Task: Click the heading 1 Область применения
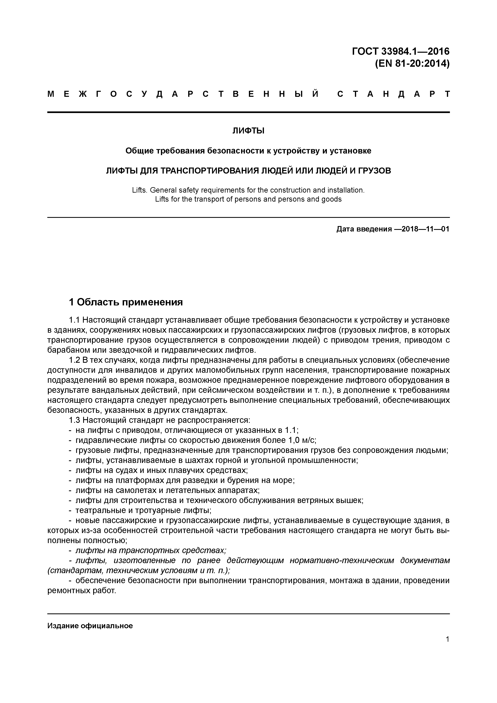click(x=126, y=302)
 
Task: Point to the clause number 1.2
click(x=74, y=360)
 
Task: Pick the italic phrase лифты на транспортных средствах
click(x=151, y=550)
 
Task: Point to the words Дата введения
click(x=364, y=229)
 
